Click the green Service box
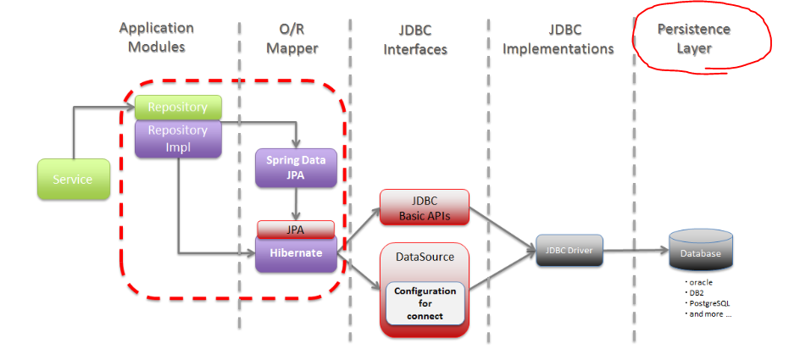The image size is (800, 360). tap(74, 179)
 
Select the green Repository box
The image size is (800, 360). tap(178, 108)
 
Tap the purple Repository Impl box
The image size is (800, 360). tap(178, 138)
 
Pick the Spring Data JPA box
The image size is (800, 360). tap(296, 167)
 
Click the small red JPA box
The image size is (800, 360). tap(296, 230)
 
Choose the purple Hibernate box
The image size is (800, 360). tap(296, 253)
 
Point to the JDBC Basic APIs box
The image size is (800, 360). tap(424, 208)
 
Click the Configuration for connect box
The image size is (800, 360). tap(425, 303)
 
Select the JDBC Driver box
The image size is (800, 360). tap(569, 251)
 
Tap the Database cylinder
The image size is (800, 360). tap(701, 251)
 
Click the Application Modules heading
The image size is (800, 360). tap(156, 37)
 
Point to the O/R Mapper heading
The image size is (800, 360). tap(292, 39)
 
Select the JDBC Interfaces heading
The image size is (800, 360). tap(415, 40)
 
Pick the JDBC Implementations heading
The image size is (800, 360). tap(558, 39)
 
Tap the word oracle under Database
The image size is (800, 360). tap(701, 282)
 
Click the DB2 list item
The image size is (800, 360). tap(696, 293)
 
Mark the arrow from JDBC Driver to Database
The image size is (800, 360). tap(636, 251)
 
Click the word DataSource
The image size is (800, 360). tap(425, 257)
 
